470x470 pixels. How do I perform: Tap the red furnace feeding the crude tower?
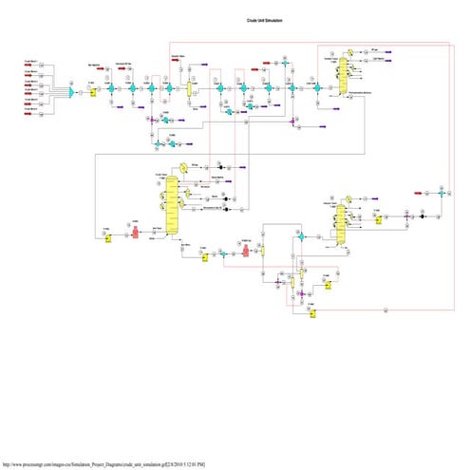coord(136,231)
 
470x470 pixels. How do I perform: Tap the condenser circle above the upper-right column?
coord(348,53)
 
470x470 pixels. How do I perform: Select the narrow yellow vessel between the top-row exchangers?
coord(190,89)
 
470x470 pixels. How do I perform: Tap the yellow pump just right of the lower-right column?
coord(376,220)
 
